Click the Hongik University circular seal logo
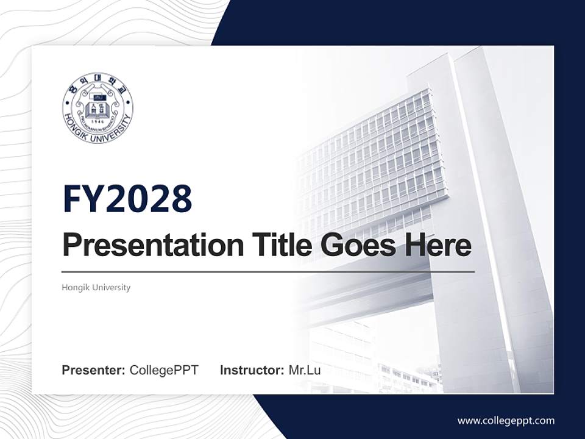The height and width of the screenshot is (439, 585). point(97,109)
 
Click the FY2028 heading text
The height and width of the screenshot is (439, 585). point(127,199)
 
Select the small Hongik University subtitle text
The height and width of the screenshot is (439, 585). point(96,287)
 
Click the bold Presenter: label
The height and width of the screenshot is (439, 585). point(94,370)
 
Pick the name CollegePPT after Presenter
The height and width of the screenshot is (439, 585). point(164,370)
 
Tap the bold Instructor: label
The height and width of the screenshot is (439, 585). point(252,370)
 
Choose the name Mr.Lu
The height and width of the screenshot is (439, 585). point(305,370)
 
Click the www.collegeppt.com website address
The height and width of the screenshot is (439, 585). point(506,420)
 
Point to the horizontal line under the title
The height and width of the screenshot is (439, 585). point(268,272)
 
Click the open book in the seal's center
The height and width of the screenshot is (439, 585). point(97,110)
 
